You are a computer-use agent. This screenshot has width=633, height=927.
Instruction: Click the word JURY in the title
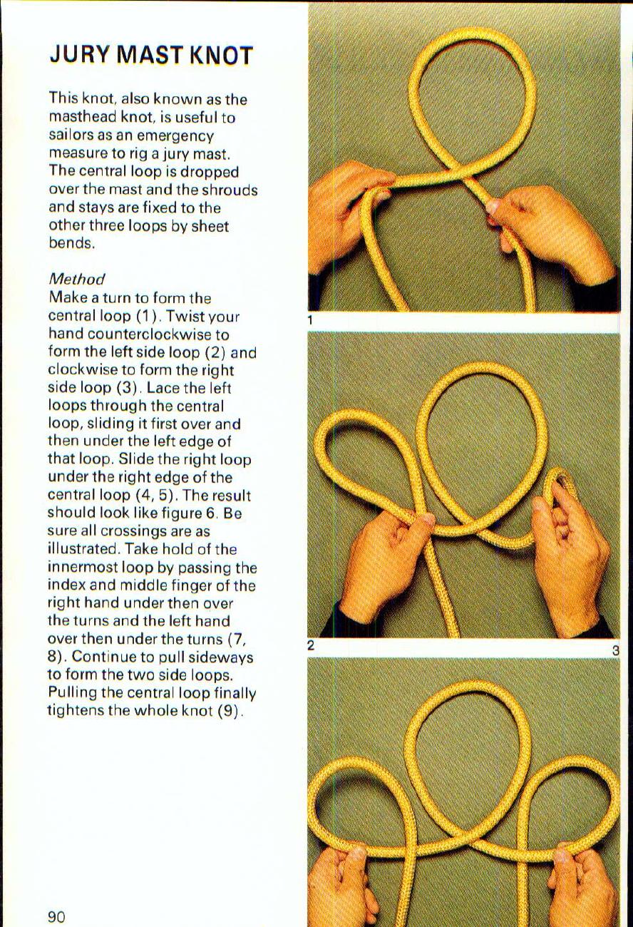[81, 55]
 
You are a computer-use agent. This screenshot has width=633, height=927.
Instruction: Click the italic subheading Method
[76, 280]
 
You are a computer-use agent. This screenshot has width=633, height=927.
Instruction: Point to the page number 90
[56, 916]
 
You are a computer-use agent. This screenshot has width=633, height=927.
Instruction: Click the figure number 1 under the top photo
[311, 320]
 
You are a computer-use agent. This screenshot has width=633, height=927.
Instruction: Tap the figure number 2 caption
[311, 646]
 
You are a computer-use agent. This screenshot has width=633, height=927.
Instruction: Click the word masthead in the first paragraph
[80, 117]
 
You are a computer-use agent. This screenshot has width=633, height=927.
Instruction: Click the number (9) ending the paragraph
[231, 710]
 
